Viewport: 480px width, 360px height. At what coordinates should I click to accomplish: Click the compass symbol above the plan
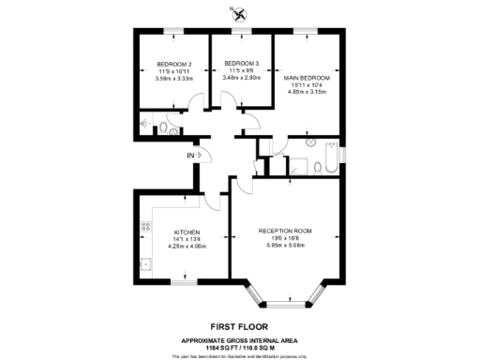[241, 13]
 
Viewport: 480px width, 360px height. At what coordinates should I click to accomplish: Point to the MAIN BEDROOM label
[307, 78]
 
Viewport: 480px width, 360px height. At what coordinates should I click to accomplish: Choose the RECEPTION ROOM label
[285, 231]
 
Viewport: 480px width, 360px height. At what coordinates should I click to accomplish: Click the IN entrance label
[189, 155]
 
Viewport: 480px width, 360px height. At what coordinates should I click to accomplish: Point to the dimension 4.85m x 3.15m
[307, 93]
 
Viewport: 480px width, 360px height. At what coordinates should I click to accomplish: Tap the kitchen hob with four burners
[144, 226]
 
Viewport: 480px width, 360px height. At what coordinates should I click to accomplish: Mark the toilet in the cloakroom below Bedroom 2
[163, 127]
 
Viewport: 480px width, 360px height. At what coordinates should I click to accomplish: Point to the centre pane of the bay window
[285, 304]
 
